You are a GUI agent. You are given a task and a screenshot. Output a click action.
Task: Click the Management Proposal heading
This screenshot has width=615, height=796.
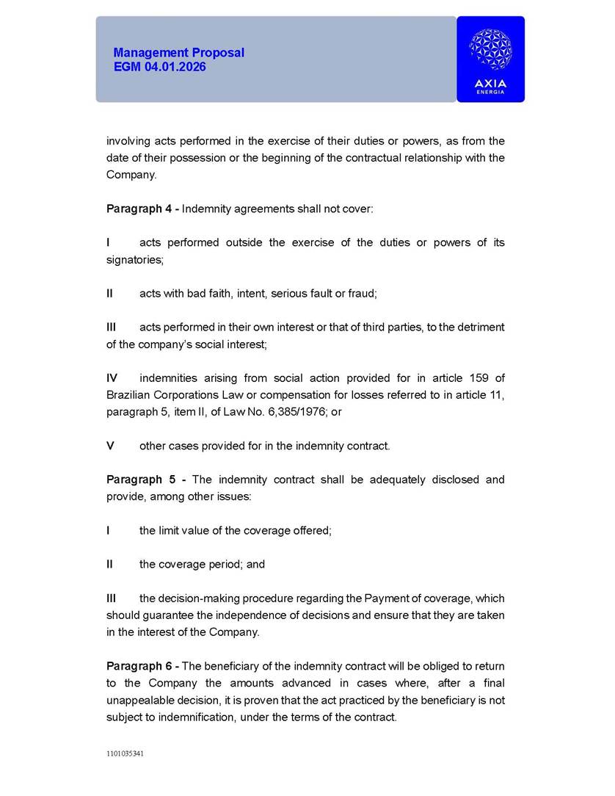(x=178, y=53)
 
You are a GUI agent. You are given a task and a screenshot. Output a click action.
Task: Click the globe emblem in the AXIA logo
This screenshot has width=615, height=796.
(x=490, y=51)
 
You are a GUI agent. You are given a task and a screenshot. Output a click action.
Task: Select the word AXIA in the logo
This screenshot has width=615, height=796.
(x=490, y=84)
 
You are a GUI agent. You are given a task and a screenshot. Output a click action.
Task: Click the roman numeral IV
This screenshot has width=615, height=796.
(x=112, y=378)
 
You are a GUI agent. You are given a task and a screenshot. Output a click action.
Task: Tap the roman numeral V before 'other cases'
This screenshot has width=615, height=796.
(x=110, y=446)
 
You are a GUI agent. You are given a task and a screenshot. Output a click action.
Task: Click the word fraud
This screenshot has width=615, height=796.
(x=363, y=293)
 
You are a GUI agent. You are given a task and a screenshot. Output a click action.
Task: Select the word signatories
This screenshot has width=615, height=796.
(x=134, y=259)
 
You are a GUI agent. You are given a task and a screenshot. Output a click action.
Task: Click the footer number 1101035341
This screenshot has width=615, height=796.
(x=125, y=753)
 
